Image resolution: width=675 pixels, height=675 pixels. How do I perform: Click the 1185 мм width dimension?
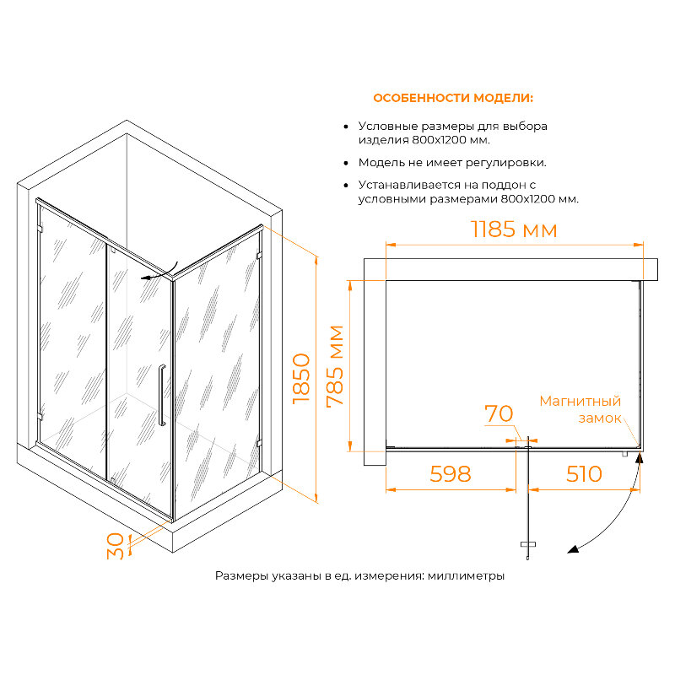click(514, 229)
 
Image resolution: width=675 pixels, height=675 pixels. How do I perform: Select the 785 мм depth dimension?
click(336, 365)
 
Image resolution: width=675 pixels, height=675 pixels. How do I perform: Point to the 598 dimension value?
click(450, 474)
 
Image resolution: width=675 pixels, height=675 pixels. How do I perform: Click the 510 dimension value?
click(583, 474)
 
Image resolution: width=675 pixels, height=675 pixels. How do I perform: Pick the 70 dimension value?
click(498, 413)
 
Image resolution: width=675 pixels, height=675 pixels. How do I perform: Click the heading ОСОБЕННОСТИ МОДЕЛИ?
click(453, 98)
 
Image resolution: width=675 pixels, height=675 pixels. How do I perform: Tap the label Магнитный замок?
click(581, 409)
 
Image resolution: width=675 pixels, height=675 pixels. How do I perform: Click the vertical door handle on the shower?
click(160, 397)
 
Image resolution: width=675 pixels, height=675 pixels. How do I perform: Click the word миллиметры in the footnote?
click(466, 576)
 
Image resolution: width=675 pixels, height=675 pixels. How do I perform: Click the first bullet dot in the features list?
click(346, 126)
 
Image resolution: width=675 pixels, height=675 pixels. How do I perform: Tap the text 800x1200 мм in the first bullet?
click(451, 140)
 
